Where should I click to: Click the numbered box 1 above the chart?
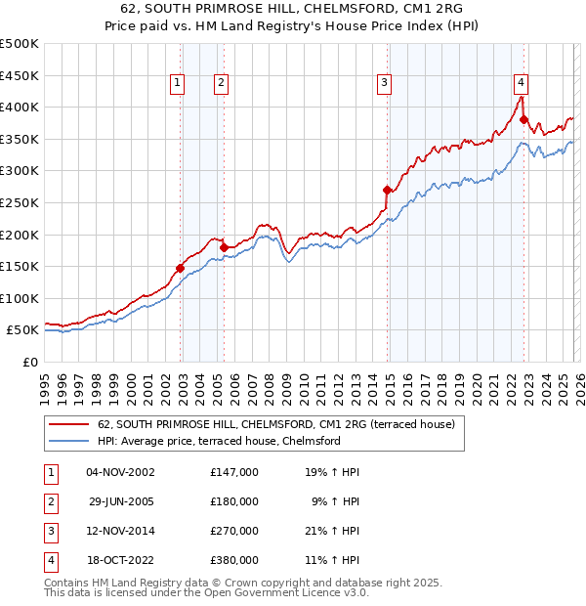(178, 84)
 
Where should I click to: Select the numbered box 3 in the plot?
(385, 84)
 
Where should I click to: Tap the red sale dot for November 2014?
(388, 191)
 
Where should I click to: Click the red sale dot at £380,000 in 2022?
(524, 120)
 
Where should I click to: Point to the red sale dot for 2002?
(181, 268)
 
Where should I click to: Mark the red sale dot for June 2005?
(224, 247)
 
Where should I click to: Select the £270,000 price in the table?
(234, 531)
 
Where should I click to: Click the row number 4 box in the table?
(50, 561)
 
